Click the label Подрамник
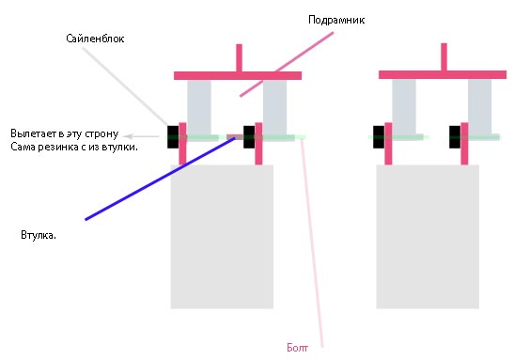[x=336, y=21]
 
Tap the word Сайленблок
[x=95, y=39]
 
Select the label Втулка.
[x=39, y=235]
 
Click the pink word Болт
[x=297, y=348]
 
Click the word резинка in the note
[x=56, y=147]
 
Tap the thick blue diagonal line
[x=160, y=179]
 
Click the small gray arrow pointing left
[x=143, y=136]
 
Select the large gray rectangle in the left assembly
[x=222, y=236]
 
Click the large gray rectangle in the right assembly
[x=428, y=236]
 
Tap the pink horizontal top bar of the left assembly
[x=238, y=76]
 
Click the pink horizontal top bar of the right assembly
[x=443, y=75]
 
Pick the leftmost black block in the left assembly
[x=173, y=136]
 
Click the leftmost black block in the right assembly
[x=379, y=136]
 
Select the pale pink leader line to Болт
[x=312, y=243]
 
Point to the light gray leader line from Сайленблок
[x=125, y=86]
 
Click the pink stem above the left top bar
[x=239, y=57]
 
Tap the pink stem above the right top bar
[x=444, y=56]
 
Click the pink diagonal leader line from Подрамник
[x=287, y=64]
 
